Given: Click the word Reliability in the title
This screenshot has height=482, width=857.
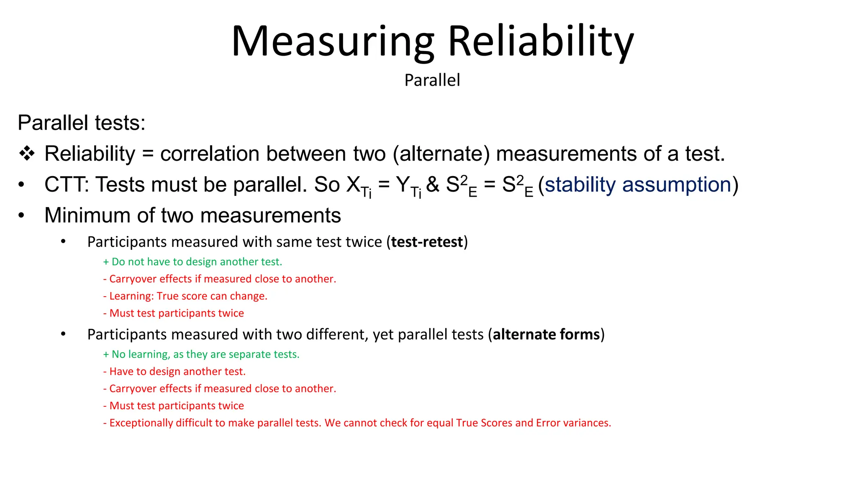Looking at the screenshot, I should coord(541,42).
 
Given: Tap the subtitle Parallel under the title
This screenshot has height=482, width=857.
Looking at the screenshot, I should coord(432,80).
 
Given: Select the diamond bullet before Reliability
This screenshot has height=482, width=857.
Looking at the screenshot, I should coord(27,154).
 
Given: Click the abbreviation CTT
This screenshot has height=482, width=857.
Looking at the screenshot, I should coord(66,185).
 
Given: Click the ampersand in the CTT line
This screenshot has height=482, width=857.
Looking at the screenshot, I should coord(433,185).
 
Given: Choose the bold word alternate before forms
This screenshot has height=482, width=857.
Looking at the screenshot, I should coord(523,334).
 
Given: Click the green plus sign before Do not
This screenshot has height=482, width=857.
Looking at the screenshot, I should coord(106,262).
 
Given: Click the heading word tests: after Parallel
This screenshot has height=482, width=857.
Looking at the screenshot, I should coord(120,123).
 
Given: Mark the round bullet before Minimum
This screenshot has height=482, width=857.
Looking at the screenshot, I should coord(22,216).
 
